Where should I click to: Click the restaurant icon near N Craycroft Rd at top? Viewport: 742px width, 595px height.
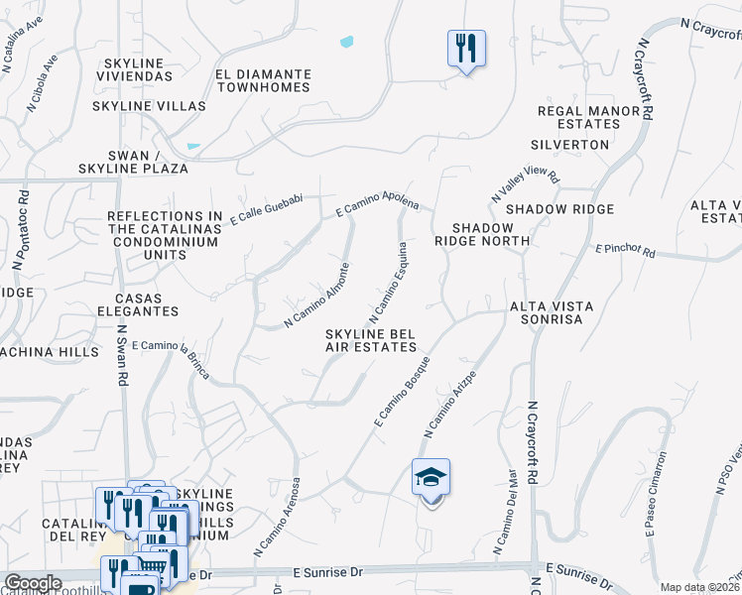[466, 47]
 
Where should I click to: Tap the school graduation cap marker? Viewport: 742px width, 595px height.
[432, 479]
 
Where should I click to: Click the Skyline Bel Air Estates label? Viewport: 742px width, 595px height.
[370, 341]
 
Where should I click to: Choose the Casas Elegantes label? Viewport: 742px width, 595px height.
[147, 304]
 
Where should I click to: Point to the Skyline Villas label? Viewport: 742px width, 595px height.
[149, 105]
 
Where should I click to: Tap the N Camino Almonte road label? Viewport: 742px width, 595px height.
[317, 295]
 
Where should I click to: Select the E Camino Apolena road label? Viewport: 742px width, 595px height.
[378, 206]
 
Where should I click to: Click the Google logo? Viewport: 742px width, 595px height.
[32, 583]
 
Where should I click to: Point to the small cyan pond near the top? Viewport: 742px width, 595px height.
[346, 43]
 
